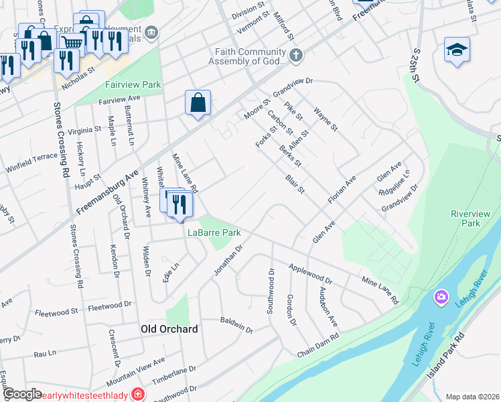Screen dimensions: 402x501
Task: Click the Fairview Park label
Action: (x=133, y=85)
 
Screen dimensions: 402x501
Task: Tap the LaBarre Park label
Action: (x=214, y=233)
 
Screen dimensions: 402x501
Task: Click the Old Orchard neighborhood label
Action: (x=169, y=329)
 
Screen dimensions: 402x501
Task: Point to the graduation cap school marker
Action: (x=457, y=50)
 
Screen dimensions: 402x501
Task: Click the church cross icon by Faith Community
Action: (x=295, y=55)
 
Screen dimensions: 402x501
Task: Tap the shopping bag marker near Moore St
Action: (x=198, y=103)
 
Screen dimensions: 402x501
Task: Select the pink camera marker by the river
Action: (x=441, y=296)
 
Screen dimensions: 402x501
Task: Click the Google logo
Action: (x=21, y=394)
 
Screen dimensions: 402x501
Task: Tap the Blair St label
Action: (x=295, y=184)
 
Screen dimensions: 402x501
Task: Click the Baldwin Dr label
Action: (x=236, y=325)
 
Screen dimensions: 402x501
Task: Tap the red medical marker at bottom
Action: (x=139, y=394)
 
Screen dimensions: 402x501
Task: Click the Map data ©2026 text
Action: (x=472, y=397)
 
